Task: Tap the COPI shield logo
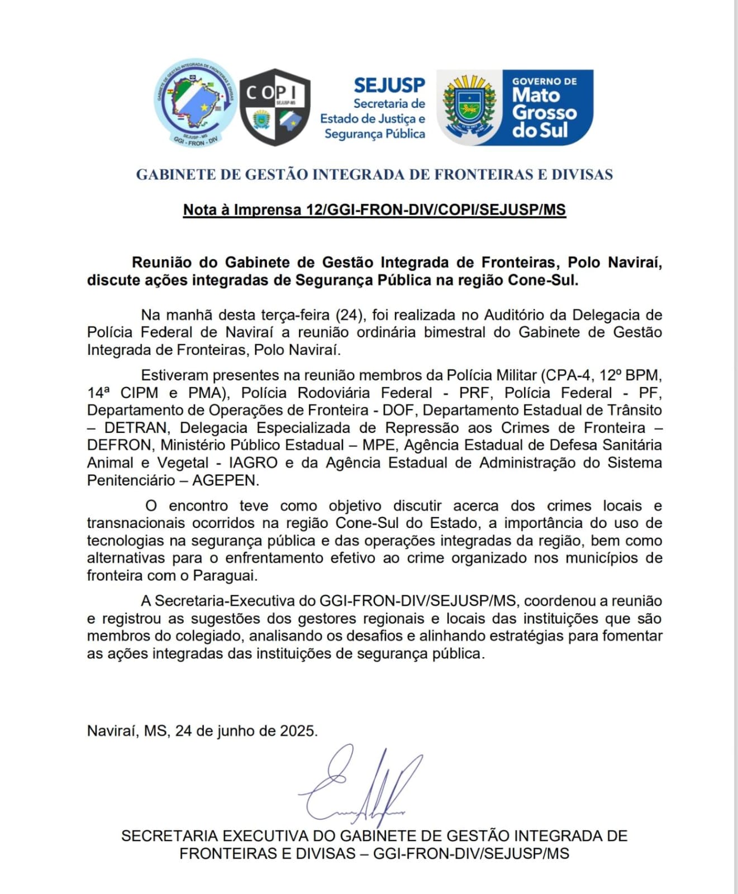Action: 275,107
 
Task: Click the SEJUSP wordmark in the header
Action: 389,85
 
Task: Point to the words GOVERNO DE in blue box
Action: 545,82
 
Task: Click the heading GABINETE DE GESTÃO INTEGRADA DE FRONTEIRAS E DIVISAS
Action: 374,174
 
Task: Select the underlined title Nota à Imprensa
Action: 374,210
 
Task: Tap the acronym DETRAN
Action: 136,428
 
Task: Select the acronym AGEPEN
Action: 225,481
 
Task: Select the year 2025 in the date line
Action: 298,731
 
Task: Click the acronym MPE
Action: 379,445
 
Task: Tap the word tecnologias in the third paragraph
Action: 126,541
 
